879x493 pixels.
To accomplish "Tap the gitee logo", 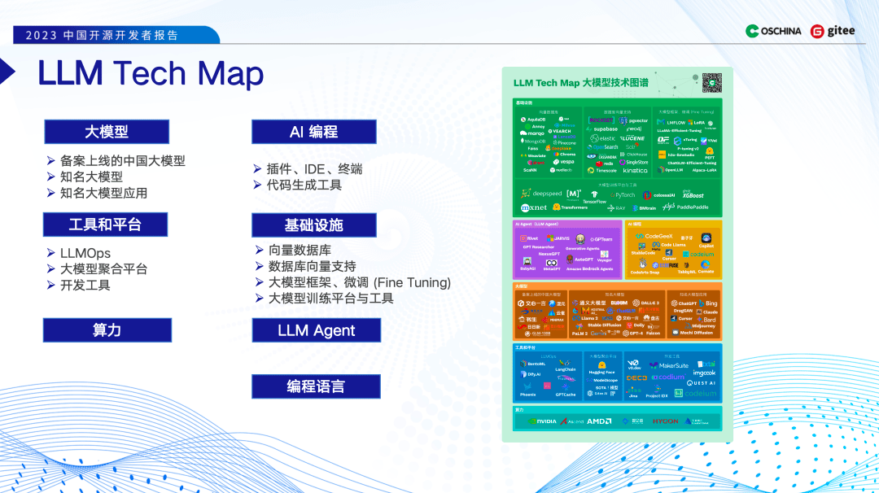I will pyautogui.click(x=833, y=31).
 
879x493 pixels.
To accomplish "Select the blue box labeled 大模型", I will pyautogui.click(x=107, y=132).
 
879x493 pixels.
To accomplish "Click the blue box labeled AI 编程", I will pyautogui.click(x=313, y=132).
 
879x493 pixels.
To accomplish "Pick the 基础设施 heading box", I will pyautogui.click(x=313, y=225).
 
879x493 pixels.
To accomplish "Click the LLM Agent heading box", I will pyautogui.click(x=316, y=330).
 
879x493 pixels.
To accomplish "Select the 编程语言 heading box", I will pyautogui.click(x=316, y=386).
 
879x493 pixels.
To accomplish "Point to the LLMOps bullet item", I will pyautogui.click(x=85, y=254).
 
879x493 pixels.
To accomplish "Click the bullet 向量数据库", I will pyautogui.click(x=299, y=250).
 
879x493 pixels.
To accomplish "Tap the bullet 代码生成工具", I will pyautogui.click(x=304, y=185).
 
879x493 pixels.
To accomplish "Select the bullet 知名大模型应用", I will pyautogui.click(x=103, y=193).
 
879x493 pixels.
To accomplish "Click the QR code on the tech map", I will pyautogui.click(x=712, y=82).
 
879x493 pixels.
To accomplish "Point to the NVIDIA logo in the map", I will pyautogui.click(x=543, y=421).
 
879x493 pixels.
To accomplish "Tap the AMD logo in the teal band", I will pyautogui.click(x=600, y=421).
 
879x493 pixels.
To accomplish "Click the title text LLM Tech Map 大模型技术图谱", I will pyautogui.click(x=580, y=83).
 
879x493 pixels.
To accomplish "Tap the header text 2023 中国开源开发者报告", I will pyautogui.click(x=102, y=36).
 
